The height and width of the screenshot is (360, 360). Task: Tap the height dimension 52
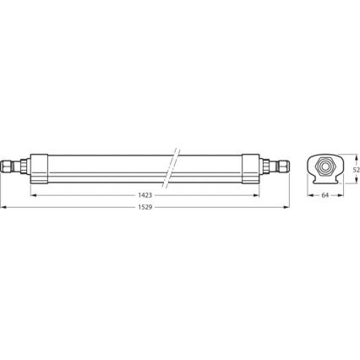356,169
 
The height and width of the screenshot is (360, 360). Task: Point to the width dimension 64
325,195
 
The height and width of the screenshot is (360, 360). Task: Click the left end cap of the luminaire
40,167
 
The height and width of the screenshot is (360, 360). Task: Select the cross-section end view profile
325,168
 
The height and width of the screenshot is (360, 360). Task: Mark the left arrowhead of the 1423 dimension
33,195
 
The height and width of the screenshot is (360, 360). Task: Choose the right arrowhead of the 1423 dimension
259,195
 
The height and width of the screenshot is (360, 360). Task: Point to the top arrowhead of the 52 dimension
351,155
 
